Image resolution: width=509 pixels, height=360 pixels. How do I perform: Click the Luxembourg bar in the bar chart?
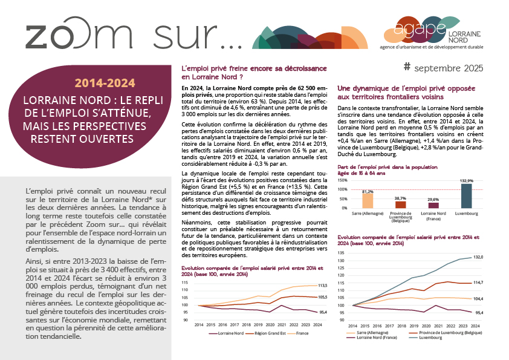click(x=465, y=195)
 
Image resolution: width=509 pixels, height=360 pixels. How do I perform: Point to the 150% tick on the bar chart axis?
click(x=343, y=179)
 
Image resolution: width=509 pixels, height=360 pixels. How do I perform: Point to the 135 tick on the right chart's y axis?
click(x=342, y=254)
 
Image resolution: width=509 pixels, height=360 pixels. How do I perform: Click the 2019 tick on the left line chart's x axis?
click(x=250, y=325)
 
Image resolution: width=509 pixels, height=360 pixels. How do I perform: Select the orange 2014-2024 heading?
click(x=105, y=82)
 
